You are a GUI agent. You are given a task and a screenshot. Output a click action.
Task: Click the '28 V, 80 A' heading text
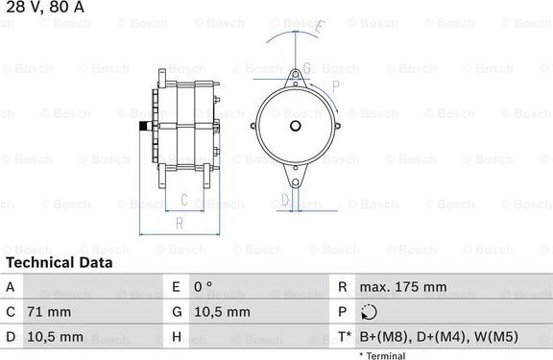coord(38,7)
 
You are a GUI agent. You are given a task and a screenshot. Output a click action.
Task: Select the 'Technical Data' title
coord(58,262)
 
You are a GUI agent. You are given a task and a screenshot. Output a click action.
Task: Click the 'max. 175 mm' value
coord(403,286)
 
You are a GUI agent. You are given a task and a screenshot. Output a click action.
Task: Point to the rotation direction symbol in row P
coord(370,312)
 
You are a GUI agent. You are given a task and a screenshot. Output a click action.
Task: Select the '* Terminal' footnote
coord(382,355)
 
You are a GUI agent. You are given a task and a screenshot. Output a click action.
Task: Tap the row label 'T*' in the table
coord(343,338)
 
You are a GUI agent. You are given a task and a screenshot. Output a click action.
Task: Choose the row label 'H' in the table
coord(176,338)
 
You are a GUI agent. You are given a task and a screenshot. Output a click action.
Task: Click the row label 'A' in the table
coord(10,286)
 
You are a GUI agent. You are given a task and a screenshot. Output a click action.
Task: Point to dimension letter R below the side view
coord(180,223)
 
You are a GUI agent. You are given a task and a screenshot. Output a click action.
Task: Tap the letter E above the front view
coord(320,28)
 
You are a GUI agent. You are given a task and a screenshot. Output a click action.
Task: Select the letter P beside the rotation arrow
coord(336,85)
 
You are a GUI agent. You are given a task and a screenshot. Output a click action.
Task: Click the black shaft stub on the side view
coord(142,128)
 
